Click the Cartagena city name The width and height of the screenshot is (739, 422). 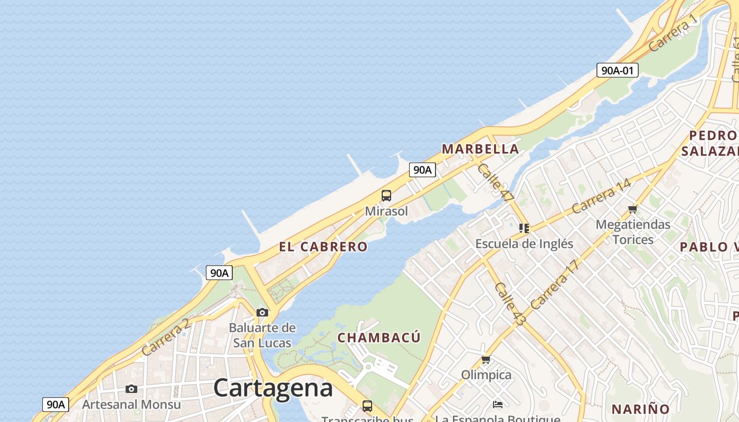[x=273, y=388]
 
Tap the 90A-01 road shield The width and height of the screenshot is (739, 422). [x=617, y=70]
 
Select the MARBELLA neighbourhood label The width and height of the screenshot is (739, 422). [x=480, y=149]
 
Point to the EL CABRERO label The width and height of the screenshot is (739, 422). [x=323, y=247]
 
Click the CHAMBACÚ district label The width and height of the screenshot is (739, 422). [x=379, y=338]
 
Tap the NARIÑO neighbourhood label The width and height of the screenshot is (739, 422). [x=640, y=409]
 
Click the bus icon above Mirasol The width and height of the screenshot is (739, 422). [x=386, y=196]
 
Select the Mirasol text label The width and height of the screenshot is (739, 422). [x=386, y=212]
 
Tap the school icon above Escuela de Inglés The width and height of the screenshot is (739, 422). [x=524, y=228]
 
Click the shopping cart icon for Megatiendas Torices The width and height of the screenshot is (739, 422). [x=633, y=209]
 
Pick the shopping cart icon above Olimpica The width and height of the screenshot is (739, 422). [x=486, y=360]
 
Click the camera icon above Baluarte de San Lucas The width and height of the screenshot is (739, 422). [x=262, y=313]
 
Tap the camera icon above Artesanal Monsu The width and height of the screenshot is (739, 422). [x=131, y=389]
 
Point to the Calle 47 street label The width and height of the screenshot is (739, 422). [x=495, y=183]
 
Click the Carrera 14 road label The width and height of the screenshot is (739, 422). [x=601, y=196]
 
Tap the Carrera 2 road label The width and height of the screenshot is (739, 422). [x=166, y=338]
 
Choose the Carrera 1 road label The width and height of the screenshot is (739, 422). [x=673, y=34]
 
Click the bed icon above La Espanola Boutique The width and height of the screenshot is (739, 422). [x=498, y=405]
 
